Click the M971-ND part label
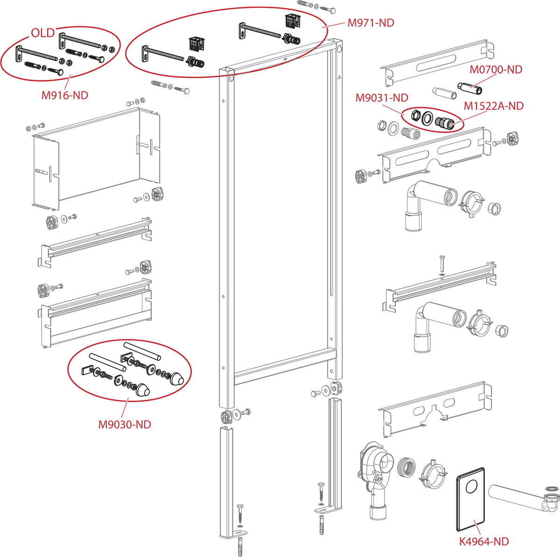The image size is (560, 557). [x=371, y=23]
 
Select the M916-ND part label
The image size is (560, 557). [x=65, y=95]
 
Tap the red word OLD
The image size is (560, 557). [x=43, y=33]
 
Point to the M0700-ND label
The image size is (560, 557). [x=496, y=70]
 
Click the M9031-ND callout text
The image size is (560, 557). [x=382, y=98]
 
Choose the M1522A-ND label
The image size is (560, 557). [x=493, y=106]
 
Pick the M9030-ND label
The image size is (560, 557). [x=125, y=425]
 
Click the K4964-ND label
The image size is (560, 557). [x=484, y=542]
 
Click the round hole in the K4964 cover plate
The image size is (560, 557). [x=472, y=486]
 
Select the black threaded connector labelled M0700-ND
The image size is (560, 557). [x=469, y=88]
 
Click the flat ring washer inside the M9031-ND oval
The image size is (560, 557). [x=427, y=119]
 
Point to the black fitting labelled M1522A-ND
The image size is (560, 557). [x=445, y=122]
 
